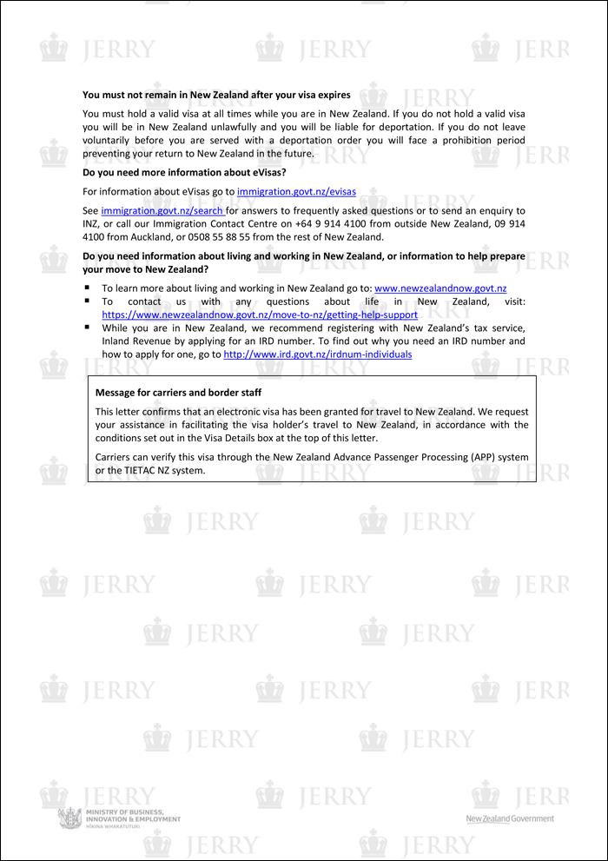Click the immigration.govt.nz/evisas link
[x=296, y=191]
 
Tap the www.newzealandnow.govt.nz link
[x=440, y=288]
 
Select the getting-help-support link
[x=260, y=315]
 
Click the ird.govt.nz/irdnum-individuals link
[x=318, y=354]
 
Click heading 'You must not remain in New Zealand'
[x=216, y=95]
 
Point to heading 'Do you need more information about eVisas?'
[x=184, y=172]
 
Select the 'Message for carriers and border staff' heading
[x=178, y=393]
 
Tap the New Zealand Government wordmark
[x=510, y=818]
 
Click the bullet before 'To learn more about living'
[x=88, y=288]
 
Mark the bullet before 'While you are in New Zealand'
[x=88, y=328]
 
